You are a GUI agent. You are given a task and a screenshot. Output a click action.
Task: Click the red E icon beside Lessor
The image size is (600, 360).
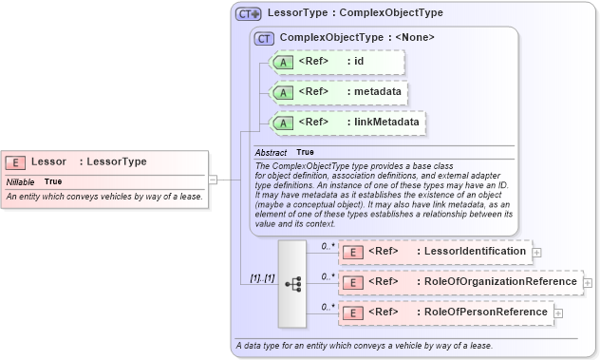click(x=16, y=162)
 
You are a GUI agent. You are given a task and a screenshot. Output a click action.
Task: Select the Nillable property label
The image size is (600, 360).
click(x=21, y=181)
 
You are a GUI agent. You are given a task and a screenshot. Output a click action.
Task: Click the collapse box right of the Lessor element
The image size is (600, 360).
click(x=214, y=178)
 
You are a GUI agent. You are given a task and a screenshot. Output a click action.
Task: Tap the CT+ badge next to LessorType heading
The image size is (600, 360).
click(x=249, y=14)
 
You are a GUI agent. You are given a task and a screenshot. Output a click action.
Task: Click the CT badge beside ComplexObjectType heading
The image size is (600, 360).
click(x=264, y=38)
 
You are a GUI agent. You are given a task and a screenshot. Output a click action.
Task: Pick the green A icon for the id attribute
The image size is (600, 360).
click(x=283, y=63)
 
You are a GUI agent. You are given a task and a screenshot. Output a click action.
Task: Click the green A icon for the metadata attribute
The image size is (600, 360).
click(x=283, y=93)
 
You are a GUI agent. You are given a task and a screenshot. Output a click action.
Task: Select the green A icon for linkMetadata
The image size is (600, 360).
click(x=283, y=123)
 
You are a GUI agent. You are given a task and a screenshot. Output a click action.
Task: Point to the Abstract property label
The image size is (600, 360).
click(x=272, y=152)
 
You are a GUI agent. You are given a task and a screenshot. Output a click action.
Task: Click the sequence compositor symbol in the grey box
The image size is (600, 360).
click(x=292, y=283)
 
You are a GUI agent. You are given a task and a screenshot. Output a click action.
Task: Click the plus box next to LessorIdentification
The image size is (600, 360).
click(x=537, y=253)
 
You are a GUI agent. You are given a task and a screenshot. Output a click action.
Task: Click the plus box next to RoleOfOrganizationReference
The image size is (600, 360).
click(x=587, y=283)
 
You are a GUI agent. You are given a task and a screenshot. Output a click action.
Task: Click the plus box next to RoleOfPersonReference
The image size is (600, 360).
click(x=558, y=313)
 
